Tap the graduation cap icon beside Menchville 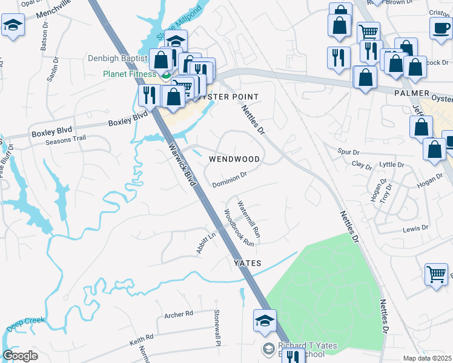13,27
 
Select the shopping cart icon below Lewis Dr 436,274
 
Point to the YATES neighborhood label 248,263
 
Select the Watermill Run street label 249,218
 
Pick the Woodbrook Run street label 239,227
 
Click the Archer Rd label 178,314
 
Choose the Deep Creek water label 26,324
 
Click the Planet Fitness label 127,75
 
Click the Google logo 21,356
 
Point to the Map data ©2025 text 427,358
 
